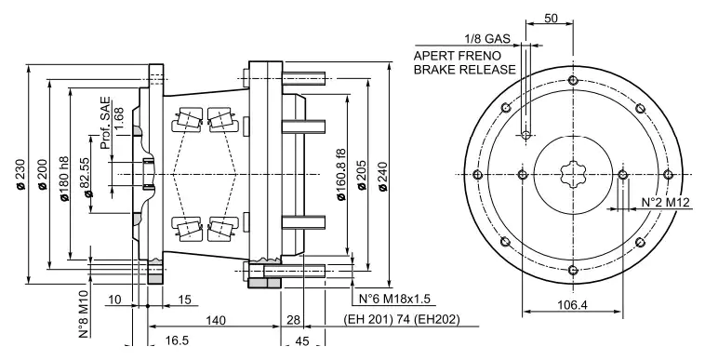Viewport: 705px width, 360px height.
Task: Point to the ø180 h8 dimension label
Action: coord(64,175)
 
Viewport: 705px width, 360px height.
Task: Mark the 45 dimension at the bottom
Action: coord(303,340)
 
